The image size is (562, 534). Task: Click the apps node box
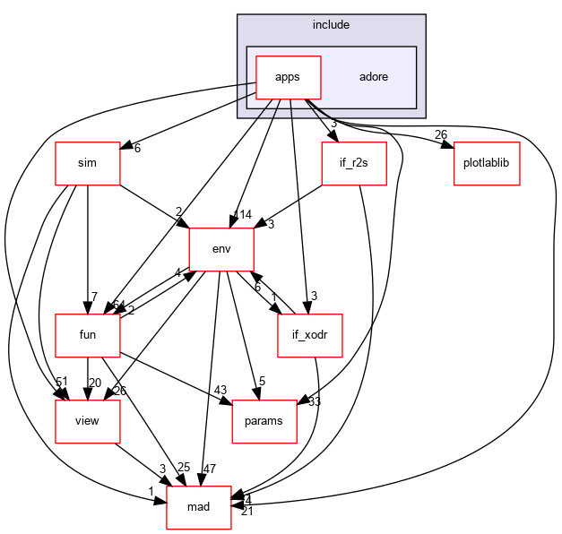(289, 76)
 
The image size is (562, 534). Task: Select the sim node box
(87, 163)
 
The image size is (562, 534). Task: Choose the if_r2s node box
(354, 163)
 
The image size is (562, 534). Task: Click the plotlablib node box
(488, 163)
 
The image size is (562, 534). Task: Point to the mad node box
(198, 507)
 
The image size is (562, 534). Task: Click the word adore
(373, 76)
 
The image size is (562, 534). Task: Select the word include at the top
(331, 24)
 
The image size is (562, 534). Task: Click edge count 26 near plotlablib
(440, 135)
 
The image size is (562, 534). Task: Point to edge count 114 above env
(242, 214)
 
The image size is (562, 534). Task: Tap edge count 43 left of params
(221, 389)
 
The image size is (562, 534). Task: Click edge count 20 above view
(95, 383)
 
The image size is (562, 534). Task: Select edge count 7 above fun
(93, 297)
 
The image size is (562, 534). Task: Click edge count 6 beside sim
(137, 148)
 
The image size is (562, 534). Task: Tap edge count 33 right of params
(315, 401)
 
